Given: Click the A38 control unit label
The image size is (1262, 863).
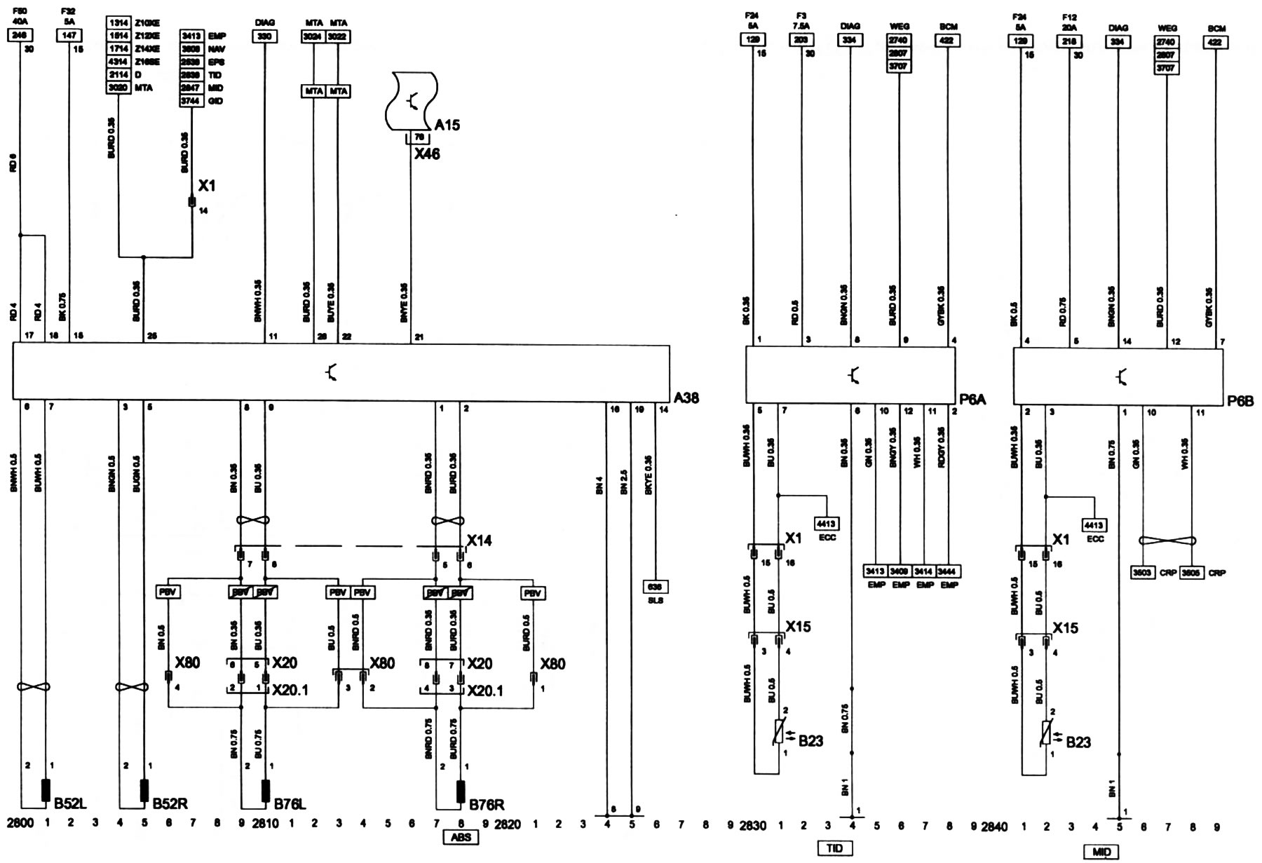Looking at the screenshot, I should (x=686, y=398).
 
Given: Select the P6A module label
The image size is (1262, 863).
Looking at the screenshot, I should (x=972, y=400).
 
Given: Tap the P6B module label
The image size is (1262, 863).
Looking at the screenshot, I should (x=1240, y=401).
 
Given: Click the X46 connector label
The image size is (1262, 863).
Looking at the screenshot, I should (x=426, y=154).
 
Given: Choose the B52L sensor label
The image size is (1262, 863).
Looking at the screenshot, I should (x=70, y=803).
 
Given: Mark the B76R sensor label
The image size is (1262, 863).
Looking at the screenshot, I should (x=486, y=803).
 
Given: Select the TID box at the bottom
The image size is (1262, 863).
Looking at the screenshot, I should (x=834, y=849).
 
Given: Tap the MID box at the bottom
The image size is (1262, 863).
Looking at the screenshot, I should (x=1101, y=852).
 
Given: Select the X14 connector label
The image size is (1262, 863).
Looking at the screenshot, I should (x=480, y=541).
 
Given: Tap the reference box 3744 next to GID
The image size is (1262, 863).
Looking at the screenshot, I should (x=191, y=101).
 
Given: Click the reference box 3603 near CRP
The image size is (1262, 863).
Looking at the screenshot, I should (x=1143, y=572).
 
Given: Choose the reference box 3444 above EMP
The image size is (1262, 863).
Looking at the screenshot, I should (x=949, y=571).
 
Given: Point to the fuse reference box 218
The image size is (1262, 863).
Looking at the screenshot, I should (x=1070, y=41).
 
